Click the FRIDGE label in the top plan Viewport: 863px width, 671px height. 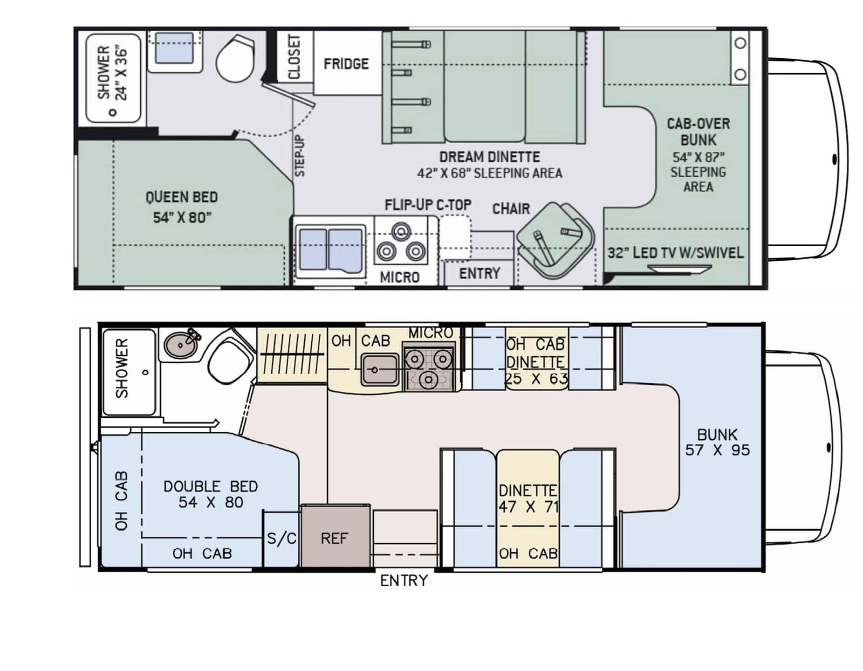(346, 63)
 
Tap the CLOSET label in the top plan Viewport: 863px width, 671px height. (294, 57)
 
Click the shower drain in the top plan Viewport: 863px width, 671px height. (112, 112)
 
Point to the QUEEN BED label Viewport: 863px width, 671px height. (181, 197)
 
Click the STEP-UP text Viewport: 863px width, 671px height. (300, 156)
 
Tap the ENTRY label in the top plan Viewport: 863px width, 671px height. (479, 273)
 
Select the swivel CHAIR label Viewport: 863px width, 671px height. (511, 208)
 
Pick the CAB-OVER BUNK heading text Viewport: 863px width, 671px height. (698, 132)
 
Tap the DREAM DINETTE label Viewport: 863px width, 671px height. (490, 157)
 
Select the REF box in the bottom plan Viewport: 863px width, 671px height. (336, 536)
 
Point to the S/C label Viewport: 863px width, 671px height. (281, 539)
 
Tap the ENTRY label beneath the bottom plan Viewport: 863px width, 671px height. (404, 581)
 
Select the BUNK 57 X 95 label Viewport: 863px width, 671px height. (718, 442)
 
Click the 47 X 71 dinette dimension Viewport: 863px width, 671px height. (528, 507)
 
